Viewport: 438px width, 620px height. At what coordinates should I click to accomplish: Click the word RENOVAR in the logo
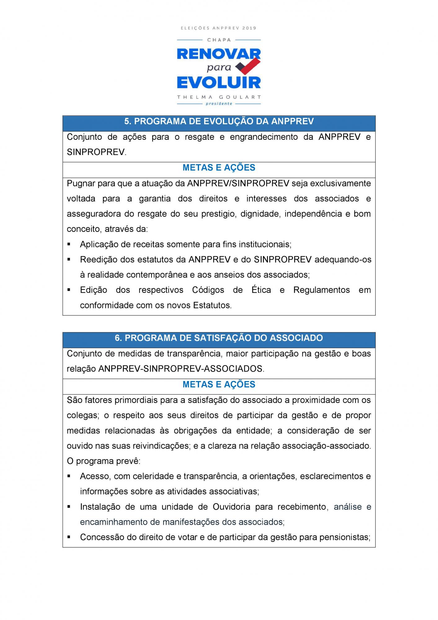219,55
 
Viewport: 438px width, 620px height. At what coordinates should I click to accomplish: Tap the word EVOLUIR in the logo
219,83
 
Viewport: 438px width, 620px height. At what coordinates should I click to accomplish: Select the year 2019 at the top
249,28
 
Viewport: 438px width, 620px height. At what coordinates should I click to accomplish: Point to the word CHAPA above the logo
219,40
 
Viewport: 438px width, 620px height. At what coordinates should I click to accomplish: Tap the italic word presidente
219,104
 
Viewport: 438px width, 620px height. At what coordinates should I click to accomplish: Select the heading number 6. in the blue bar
118,338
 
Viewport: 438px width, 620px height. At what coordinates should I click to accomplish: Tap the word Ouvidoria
231,507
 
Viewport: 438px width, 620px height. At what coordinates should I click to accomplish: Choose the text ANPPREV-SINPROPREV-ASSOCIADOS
180,369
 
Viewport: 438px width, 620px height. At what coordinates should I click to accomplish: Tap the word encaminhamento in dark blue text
113,522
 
